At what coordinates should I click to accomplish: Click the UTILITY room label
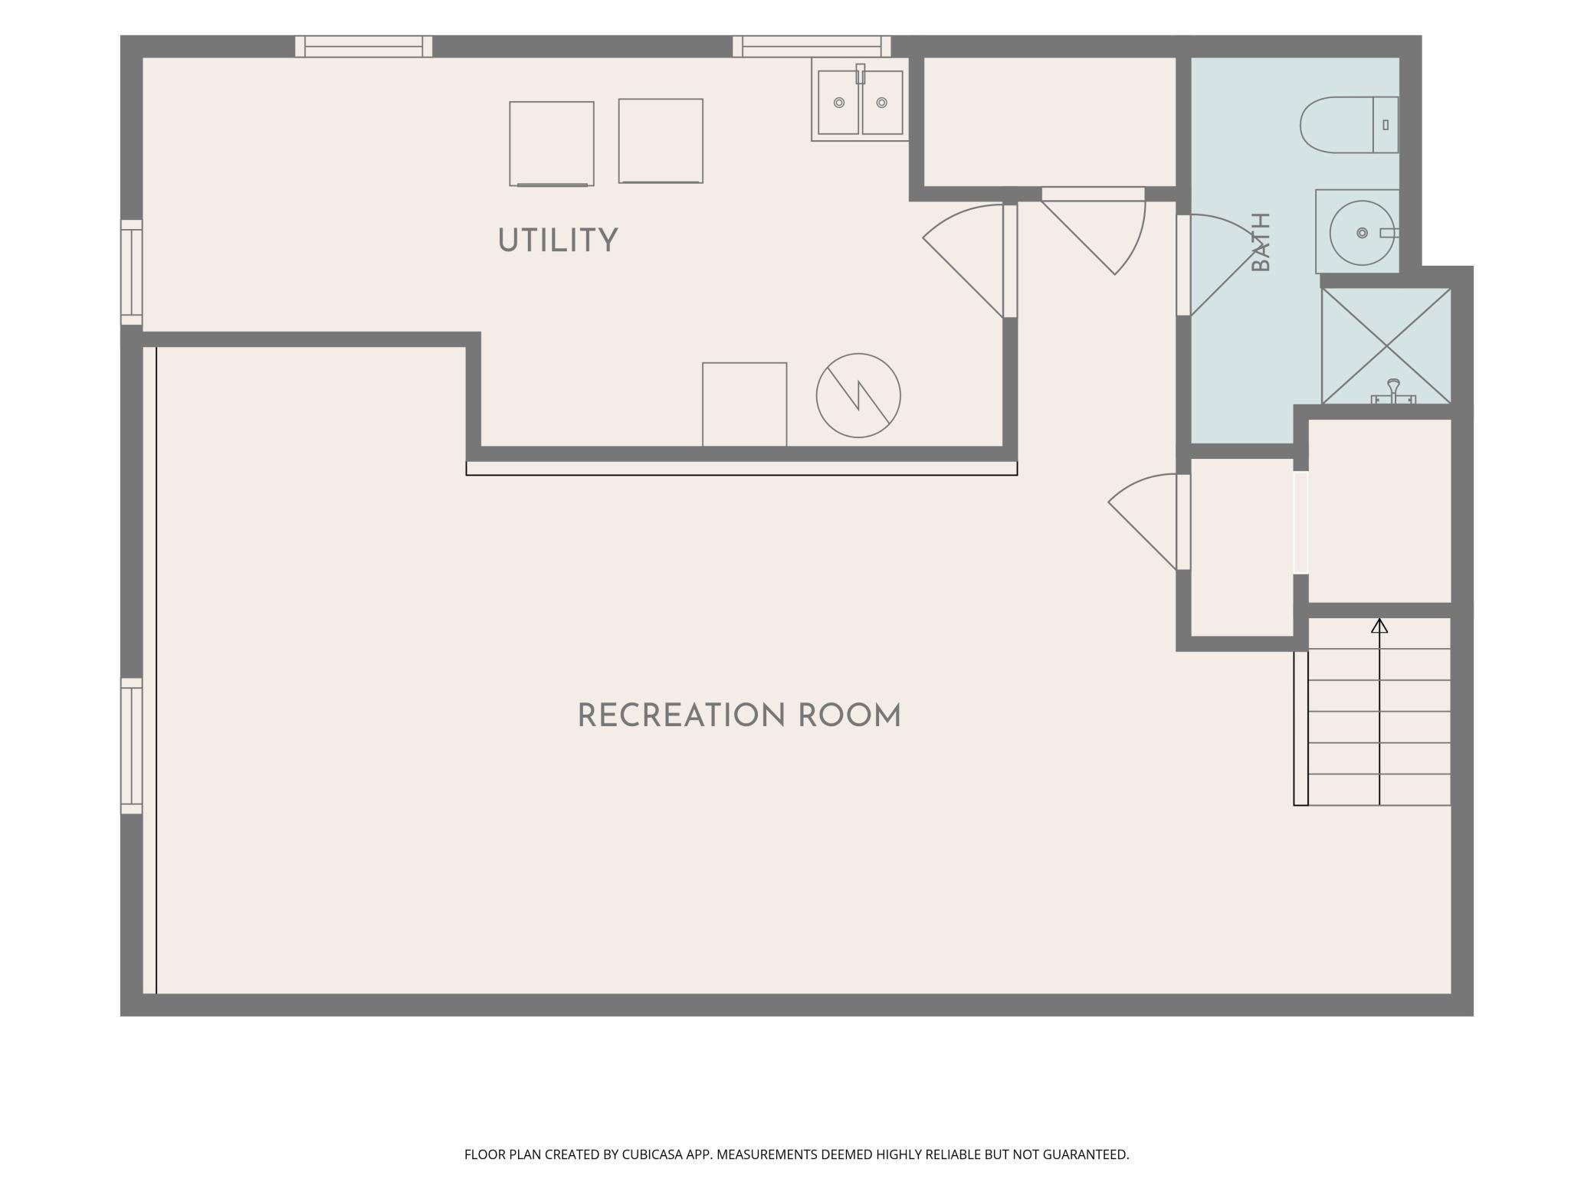[x=557, y=241]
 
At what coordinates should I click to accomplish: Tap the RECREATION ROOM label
[x=739, y=716]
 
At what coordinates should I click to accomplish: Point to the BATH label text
[x=1261, y=242]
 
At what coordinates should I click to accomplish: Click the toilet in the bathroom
[x=1349, y=125]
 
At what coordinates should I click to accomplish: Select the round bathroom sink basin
[x=1362, y=233]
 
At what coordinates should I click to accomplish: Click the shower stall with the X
[x=1386, y=346]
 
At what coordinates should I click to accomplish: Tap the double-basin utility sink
[x=860, y=103]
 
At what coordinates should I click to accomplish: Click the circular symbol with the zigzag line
[x=858, y=395]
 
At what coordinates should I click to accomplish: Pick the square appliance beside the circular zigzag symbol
[x=745, y=404]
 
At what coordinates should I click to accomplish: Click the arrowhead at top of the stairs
[x=1379, y=626]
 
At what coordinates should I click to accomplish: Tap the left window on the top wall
[x=364, y=46]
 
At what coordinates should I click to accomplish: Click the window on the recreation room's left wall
[x=132, y=745]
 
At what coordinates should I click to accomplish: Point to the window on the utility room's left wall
[x=132, y=273]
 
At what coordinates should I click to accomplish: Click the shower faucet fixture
[x=1393, y=392]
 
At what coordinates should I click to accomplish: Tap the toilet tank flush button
[x=1386, y=124]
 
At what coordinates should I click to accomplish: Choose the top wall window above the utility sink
[x=812, y=46]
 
